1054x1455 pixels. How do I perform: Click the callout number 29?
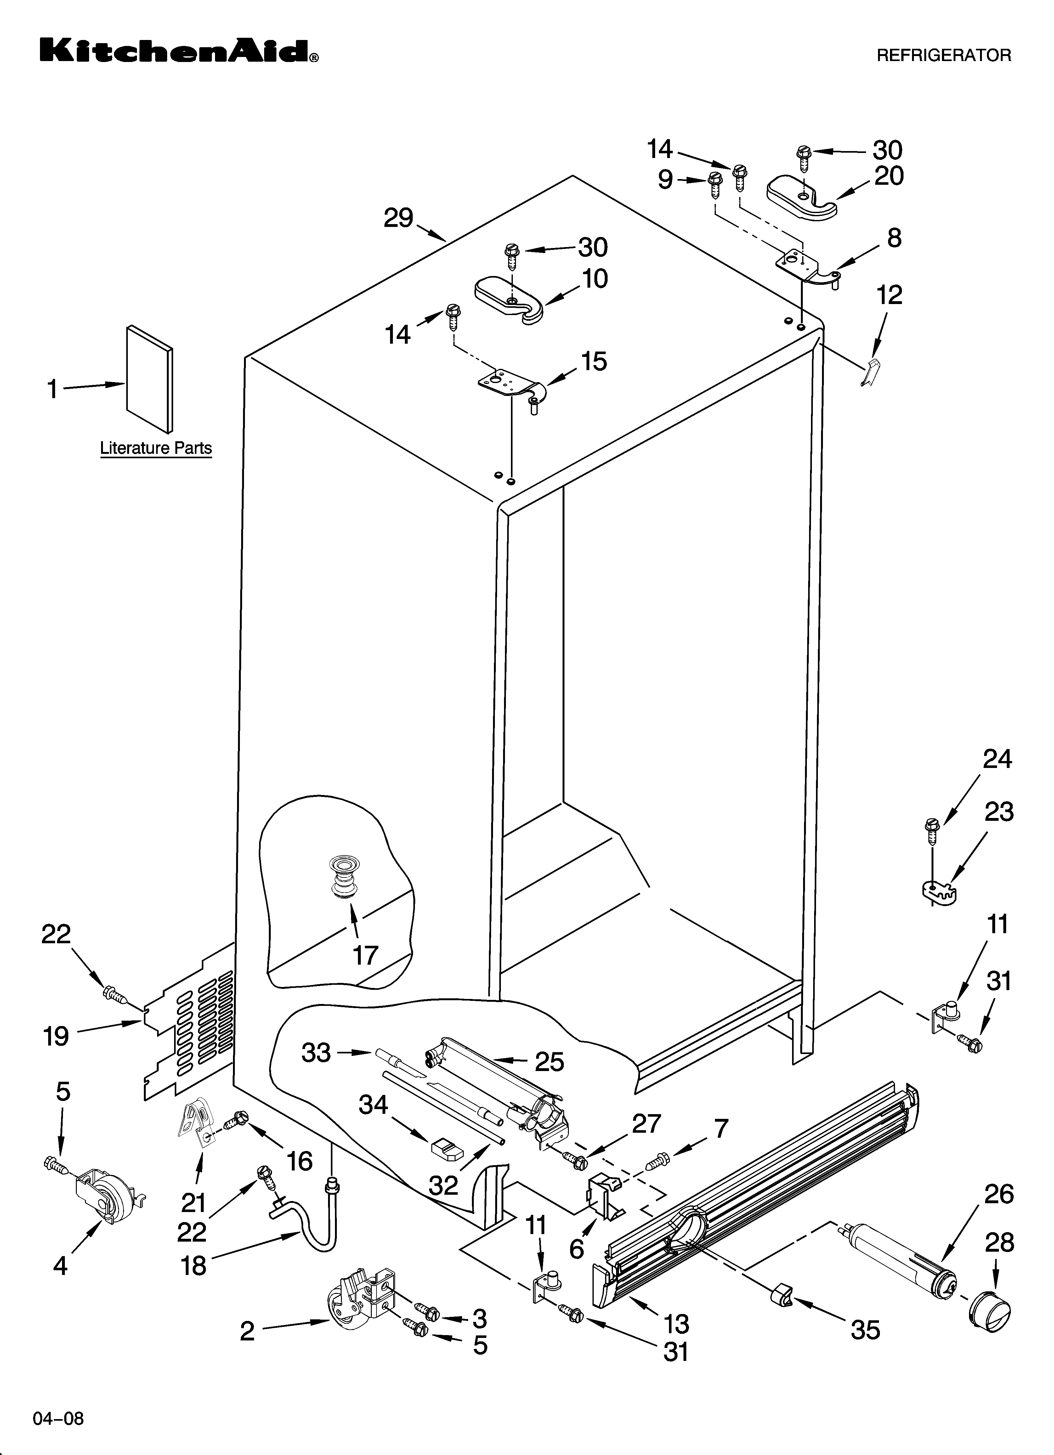coord(398,219)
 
